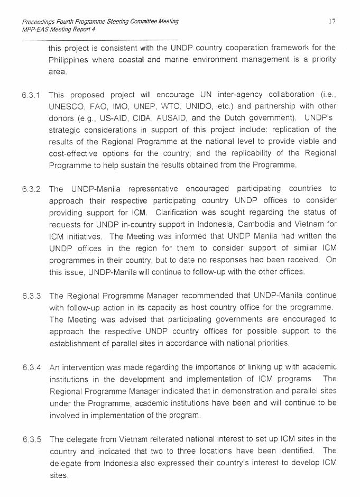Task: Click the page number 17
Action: (x=331, y=22)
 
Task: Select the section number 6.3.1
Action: (x=31, y=95)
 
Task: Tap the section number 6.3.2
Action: (x=31, y=189)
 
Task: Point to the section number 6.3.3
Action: (x=31, y=296)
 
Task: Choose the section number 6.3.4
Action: (x=31, y=367)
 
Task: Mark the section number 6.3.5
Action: (x=31, y=439)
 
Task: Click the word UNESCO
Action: (x=67, y=106)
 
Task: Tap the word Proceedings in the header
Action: (x=39, y=22)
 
